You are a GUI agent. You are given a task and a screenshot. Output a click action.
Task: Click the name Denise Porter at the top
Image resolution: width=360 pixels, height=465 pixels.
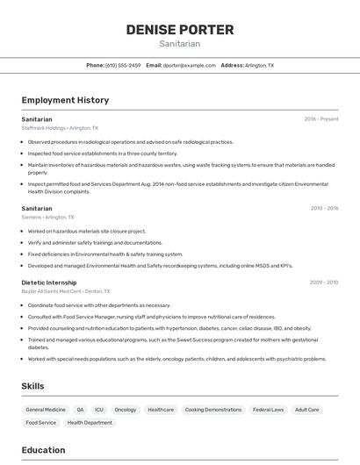tap(179, 30)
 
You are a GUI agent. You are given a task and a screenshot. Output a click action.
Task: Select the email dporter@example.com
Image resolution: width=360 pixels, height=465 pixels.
tap(188, 65)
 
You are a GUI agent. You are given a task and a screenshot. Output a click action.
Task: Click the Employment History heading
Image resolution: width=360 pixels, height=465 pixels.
tap(65, 100)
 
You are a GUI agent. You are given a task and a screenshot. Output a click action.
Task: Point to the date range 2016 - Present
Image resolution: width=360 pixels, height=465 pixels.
tap(321, 118)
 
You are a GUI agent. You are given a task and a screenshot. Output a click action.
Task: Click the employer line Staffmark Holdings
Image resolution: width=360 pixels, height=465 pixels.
tap(60, 128)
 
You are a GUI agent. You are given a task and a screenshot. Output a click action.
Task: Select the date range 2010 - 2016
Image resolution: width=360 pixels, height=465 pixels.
tap(324, 208)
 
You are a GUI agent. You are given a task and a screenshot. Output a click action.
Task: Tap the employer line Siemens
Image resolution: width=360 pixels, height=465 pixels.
tap(47, 218)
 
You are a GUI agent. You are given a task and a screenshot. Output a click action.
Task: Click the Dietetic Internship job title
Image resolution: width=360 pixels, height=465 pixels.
tap(49, 282)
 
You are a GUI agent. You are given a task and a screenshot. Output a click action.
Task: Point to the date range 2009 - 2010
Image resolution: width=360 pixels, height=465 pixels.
tap(324, 282)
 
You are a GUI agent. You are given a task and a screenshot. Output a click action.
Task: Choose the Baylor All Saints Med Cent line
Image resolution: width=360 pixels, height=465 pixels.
tap(66, 291)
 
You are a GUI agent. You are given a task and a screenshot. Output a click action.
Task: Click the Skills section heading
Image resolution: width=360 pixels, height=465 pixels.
tap(32, 386)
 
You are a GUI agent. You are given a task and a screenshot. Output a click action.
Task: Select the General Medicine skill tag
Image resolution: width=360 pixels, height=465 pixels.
tap(46, 410)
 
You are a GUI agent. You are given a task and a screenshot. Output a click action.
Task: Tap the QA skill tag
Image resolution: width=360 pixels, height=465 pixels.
tap(80, 410)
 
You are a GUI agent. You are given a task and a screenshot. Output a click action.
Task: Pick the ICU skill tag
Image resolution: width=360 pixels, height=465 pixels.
tap(99, 410)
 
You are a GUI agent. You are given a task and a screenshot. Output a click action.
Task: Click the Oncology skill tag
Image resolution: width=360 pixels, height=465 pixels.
tap(126, 410)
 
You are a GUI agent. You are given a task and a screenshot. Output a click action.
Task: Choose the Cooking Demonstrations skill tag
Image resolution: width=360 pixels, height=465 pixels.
tap(213, 410)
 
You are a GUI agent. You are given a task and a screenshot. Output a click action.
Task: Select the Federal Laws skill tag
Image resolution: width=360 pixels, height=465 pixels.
tap(268, 410)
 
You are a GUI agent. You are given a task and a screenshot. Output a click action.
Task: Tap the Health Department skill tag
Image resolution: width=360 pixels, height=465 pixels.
tap(90, 423)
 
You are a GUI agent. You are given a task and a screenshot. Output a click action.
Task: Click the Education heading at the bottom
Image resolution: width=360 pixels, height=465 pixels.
tap(43, 450)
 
